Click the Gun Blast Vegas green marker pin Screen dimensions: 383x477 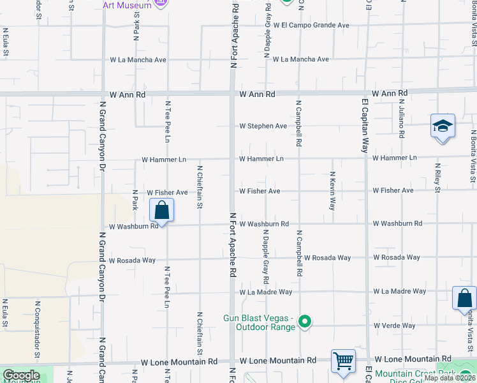(x=305, y=321)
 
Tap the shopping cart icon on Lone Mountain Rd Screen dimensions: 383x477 (x=343, y=361)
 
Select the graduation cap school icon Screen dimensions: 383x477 (x=442, y=126)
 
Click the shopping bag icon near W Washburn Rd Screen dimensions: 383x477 (x=162, y=210)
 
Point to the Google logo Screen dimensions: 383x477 (x=20, y=375)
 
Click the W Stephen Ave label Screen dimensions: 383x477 (x=263, y=126)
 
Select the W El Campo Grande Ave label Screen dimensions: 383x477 (x=312, y=26)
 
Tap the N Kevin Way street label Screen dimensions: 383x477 (x=333, y=191)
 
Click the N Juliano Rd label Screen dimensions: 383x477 (x=402, y=118)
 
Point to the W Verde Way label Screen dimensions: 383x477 (x=395, y=326)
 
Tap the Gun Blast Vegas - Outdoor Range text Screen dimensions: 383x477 (x=258, y=322)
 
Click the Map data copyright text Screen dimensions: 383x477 (x=449, y=378)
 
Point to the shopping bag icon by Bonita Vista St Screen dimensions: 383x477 (x=464, y=298)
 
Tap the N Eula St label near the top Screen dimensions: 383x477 (x=5, y=41)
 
